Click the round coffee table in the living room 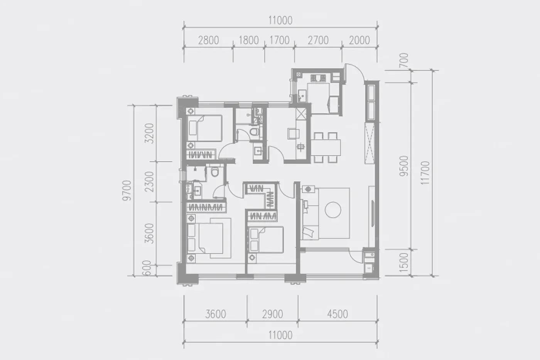pos(332,210)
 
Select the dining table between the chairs pos(326,147)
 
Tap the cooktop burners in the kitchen pos(318,78)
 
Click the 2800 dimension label pos(209,40)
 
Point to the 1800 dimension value pos(248,40)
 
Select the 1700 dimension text pos(279,40)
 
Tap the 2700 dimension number pos(318,40)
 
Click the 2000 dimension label pos(359,40)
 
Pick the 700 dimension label pos(404,60)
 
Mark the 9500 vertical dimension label pos(404,166)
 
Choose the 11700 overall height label pos(425,173)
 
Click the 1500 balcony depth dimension pos(404,263)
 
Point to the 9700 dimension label pos(127,191)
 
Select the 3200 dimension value pos(149,134)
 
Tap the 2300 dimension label pos(149,182)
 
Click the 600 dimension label pos(147,268)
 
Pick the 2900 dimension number pos(272,314)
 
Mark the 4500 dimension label pos(337,314)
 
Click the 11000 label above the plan pos(280,21)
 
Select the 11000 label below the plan pos(280,335)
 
